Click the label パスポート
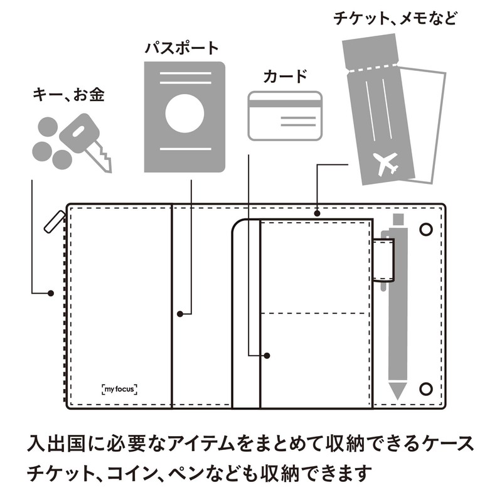tap(182, 48)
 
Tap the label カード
tap(285, 78)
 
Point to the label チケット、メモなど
tap(395, 16)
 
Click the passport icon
tap(184, 117)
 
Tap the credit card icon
tap(285, 115)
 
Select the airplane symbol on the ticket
tap(387, 164)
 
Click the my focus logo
tap(119, 389)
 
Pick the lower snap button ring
tap(429, 387)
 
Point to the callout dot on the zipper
tap(51, 292)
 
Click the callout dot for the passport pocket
tap(179, 313)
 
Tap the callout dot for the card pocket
tap(267, 356)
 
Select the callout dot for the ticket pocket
tap(317, 214)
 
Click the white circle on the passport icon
tap(184, 114)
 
